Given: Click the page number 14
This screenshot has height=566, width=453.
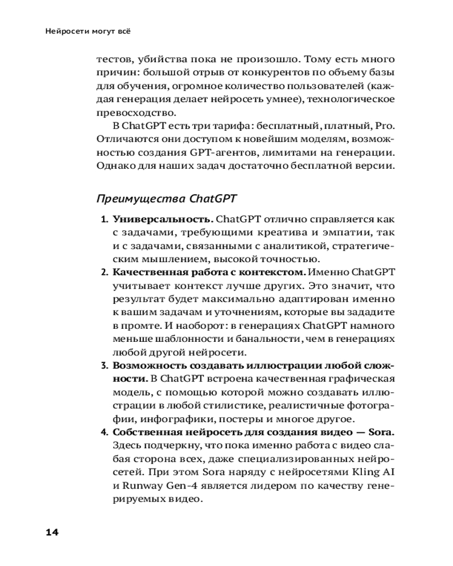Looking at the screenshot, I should (52, 531).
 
